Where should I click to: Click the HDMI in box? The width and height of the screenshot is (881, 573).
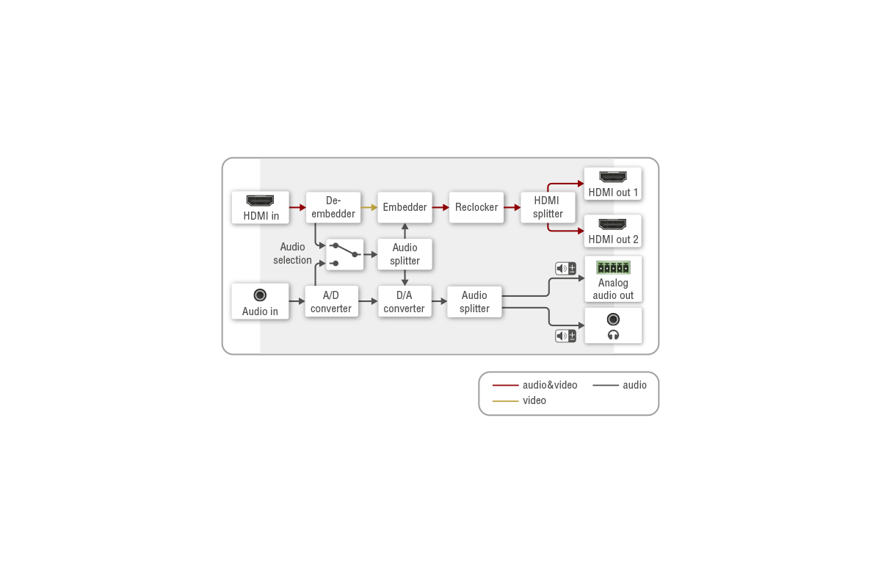point(260,207)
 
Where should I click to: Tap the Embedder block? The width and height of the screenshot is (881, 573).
point(405,207)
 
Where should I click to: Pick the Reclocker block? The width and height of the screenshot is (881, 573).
point(476,207)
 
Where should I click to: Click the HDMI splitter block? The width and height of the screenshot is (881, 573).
point(548,207)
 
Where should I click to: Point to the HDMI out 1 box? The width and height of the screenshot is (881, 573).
point(613,184)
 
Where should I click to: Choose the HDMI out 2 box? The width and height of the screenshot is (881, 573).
point(613,231)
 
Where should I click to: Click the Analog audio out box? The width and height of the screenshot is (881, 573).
point(613,279)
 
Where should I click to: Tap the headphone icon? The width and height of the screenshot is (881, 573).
point(613,335)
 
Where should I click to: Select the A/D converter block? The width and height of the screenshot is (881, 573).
point(331,301)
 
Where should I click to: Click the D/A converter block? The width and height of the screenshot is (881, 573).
point(405,301)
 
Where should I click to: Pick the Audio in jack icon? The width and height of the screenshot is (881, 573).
point(260,295)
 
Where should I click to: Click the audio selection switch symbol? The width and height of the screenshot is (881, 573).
point(345,253)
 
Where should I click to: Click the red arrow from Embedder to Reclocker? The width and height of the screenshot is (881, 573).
point(440,207)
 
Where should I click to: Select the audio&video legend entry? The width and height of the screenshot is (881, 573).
point(535,385)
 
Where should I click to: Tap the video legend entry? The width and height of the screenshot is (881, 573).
point(520,400)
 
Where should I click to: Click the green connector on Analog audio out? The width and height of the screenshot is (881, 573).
point(613,267)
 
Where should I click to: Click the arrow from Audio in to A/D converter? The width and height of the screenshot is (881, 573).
point(297,301)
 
